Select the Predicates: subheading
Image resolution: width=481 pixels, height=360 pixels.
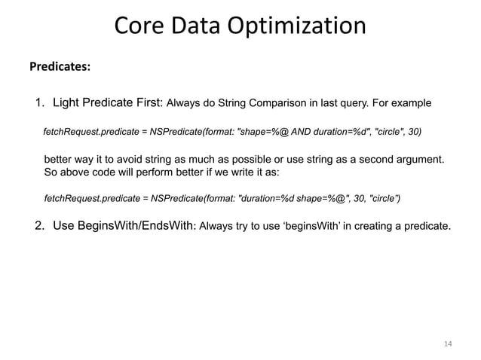point(60,67)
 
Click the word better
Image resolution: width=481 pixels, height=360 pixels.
point(60,160)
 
